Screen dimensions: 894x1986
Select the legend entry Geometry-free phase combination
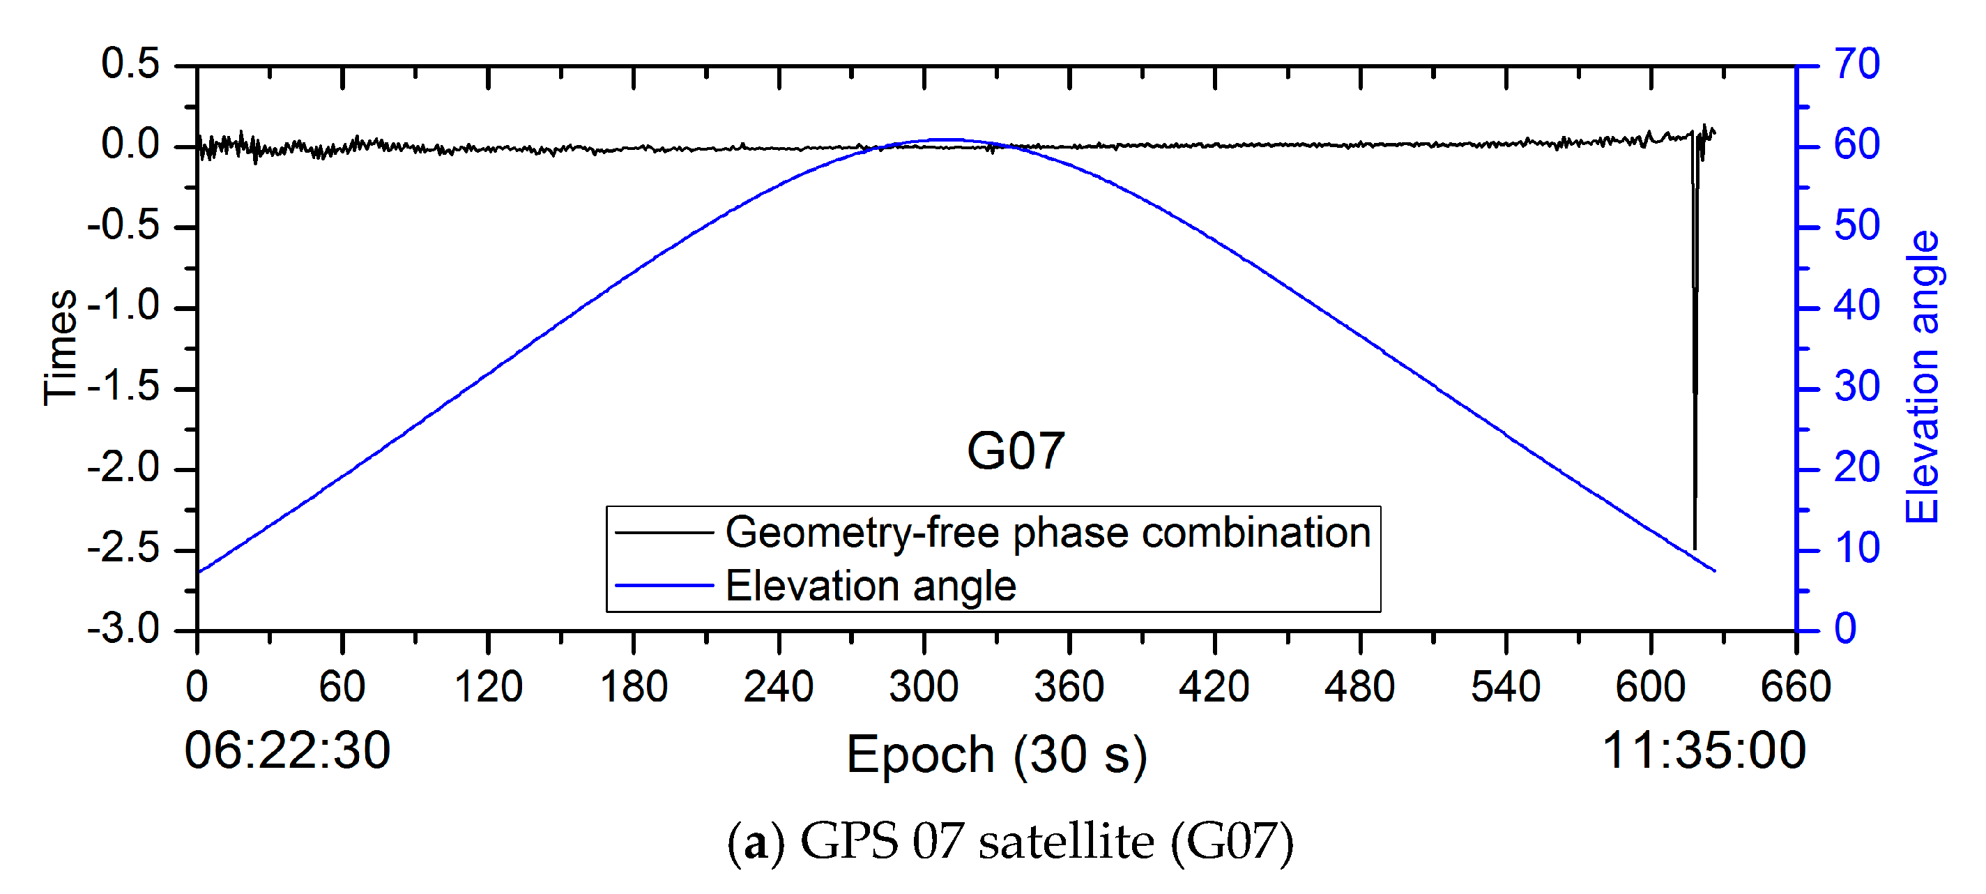[x=1048, y=532]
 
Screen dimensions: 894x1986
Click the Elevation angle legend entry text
[x=871, y=586]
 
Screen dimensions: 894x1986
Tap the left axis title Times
[x=60, y=347]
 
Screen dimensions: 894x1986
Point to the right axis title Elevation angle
[x=1921, y=377]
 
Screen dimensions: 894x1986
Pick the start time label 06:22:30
[x=287, y=750]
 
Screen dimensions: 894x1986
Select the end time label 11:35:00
[x=1704, y=750]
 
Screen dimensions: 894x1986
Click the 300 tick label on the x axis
[x=923, y=686]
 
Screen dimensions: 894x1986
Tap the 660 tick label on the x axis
[x=1796, y=686]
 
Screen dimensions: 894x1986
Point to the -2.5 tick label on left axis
[x=123, y=550]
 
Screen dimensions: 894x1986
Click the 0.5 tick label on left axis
[x=130, y=63]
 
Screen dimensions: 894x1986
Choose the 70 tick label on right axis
[x=1857, y=63]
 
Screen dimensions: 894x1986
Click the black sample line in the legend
[x=664, y=532]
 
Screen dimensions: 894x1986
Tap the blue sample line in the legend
[x=664, y=586]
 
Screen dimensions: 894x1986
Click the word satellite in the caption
[x=1067, y=842]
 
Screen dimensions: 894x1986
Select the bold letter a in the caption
[x=756, y=843]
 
